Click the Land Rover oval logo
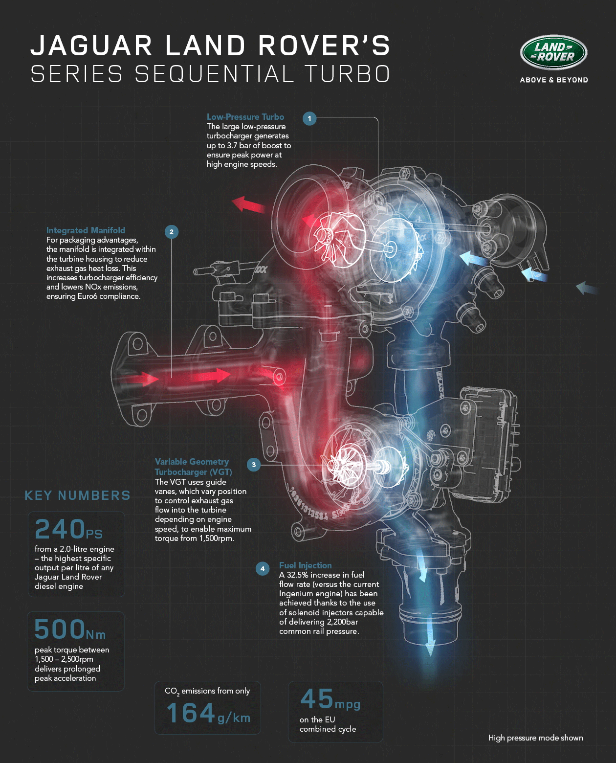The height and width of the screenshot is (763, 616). (553, 52)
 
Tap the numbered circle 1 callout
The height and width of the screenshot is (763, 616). (309, 118)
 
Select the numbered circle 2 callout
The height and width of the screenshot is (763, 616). (172, 232)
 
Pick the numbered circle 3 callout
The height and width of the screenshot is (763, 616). (254, 465)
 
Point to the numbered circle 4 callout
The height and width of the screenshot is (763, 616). (263, 568)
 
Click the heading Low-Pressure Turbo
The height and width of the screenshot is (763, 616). (245, 117)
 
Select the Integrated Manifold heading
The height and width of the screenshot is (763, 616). (86, 230)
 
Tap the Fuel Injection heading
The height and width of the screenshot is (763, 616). (305, 565)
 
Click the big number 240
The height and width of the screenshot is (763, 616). (60, 529)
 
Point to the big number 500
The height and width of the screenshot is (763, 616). (60, 629)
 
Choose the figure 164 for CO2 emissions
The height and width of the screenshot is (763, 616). (191, 713)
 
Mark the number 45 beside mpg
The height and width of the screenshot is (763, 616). (317, 699)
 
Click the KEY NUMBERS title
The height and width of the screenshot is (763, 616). (77, 495)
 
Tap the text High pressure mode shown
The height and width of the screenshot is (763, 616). (535, 738)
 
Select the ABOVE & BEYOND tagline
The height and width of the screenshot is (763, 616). (554, 80)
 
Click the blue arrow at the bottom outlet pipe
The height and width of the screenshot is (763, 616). (430, 641)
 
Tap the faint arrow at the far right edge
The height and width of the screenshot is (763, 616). (587, 288)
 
